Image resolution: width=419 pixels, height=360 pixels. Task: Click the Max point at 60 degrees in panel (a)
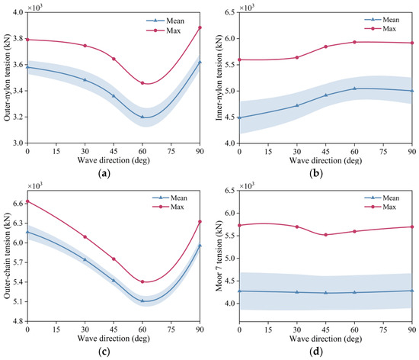(142, 83)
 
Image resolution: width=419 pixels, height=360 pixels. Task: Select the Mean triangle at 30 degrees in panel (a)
(85, 79)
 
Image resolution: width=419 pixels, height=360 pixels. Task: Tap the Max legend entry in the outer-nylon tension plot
(164, 31)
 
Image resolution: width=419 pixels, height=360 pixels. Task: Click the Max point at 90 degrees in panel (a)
(200, 27)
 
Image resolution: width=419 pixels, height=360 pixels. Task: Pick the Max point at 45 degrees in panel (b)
(326, 47)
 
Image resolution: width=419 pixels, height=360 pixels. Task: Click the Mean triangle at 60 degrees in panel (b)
(354, 88)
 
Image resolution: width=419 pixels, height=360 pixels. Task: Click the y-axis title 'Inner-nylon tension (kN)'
(219, 78)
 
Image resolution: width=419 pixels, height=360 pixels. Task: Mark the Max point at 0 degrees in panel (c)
(27, 201)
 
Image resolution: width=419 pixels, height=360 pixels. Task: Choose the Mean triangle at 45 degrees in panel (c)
(114, 281)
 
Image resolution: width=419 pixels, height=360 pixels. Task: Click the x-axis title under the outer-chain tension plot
(114, 339)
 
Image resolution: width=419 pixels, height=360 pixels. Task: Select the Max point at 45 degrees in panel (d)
(326, 235)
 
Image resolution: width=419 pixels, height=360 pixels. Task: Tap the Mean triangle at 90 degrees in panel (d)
(412, 290)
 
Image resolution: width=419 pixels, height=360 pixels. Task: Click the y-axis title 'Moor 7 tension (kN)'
(219, 256)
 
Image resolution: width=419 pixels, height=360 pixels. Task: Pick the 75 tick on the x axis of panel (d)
(383, 329)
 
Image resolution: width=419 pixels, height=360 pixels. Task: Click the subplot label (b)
(316, 174)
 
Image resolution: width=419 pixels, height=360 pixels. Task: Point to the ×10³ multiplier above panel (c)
(35, 185)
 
